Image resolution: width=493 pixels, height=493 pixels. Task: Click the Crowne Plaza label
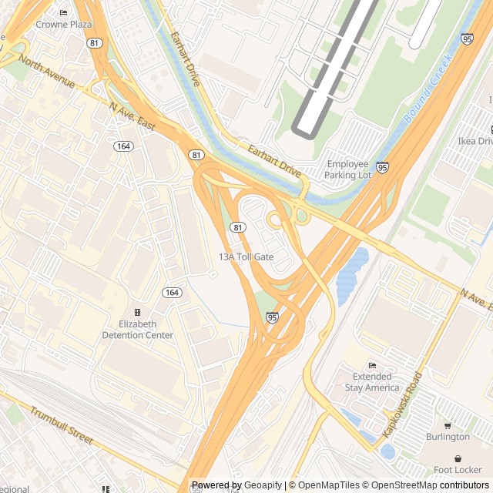pyautogui.click(x=64, y=24)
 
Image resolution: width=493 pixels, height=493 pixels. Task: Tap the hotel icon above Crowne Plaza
pyautogui.click(x=63, y=12)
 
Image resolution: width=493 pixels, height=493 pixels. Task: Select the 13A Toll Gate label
pyautogui.click(x=246, y=257)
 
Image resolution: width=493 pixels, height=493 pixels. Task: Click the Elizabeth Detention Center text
pyautogui.click(x=138, y=330)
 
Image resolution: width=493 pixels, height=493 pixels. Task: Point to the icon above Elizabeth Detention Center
pyautogui.click(x=138, y=312)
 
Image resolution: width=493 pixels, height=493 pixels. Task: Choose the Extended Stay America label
pyautogui.click(x=372, y=382)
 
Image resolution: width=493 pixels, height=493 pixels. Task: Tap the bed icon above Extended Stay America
pyautogui.click(x=373, y=365)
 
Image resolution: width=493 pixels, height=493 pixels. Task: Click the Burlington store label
pyautogui.click(x=448, y=437)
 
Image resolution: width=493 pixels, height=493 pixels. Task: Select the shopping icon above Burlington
pyautogui.click(x=448, y=425)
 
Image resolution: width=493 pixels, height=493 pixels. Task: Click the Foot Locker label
pyautogui.click(x=457, y=469)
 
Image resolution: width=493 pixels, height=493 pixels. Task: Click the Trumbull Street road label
pyautogui.click(x=62, y=425)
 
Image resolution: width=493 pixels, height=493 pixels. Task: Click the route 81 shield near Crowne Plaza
pyautogui.click(x=93, y=42)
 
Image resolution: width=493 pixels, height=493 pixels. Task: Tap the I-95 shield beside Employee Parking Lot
pyautogui.click(x=383, y=166)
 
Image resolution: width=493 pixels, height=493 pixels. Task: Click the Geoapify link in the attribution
pyautogui.click(x=263, y=485)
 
